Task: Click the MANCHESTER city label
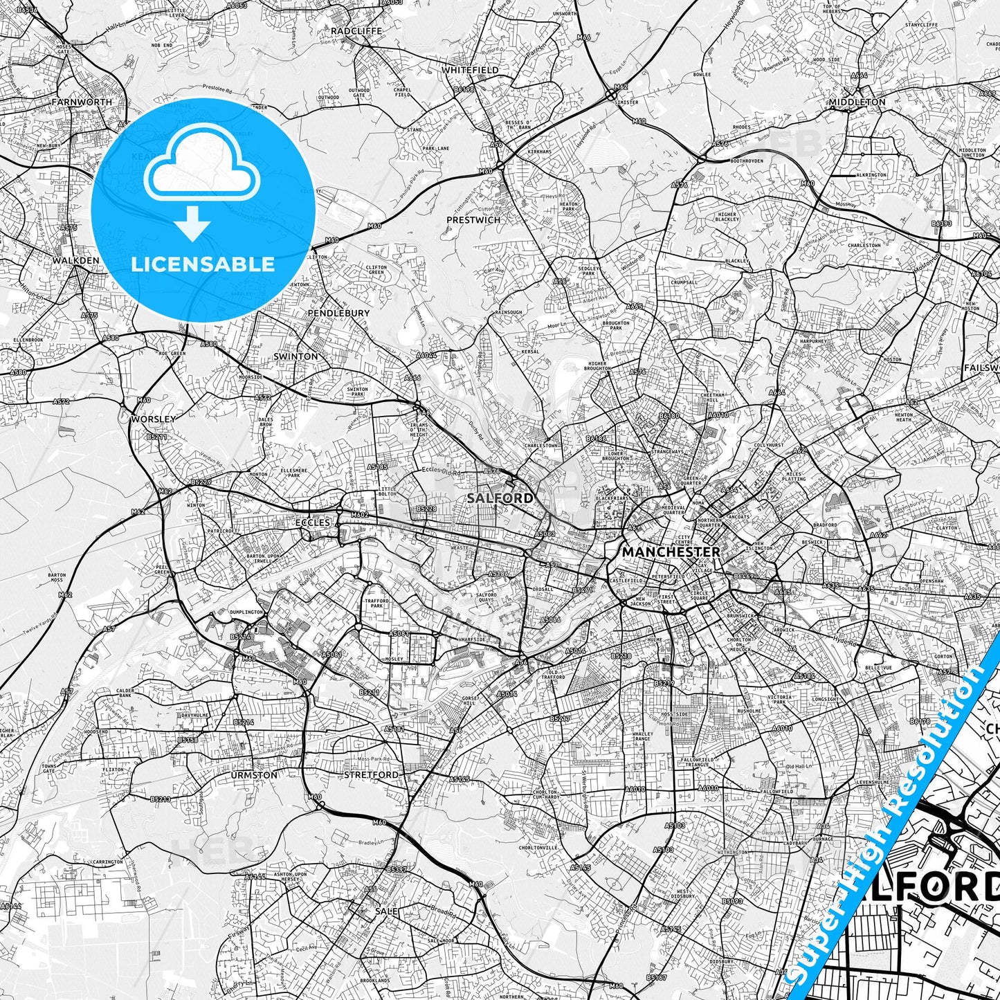(671, 552)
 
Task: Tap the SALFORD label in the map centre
(489, 498)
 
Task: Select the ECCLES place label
(313, 522)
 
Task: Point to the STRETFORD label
(372, 775)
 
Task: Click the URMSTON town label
(255, 775)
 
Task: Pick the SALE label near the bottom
(386, 911)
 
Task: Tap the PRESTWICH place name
(473, 220)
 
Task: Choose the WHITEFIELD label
(470, 71)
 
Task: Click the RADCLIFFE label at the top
(356, 31)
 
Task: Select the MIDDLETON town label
(857, 102)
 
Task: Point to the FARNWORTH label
(82, 102)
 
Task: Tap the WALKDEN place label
(75, 261)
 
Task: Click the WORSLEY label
(153, 419)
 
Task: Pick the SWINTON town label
(296, 356)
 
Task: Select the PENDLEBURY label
(338, 313)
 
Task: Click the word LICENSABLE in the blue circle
(203, 264)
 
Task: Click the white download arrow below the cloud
(192, 224)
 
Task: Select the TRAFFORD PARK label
(377, 604)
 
